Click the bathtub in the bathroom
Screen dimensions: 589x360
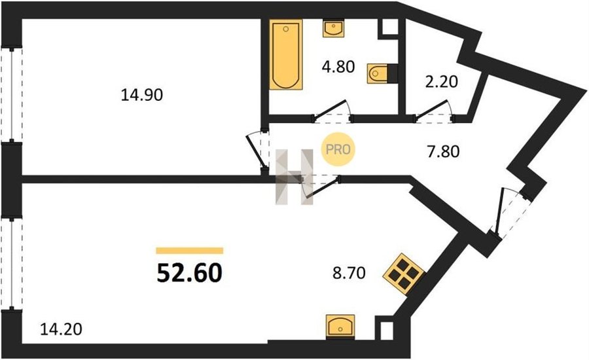click(x=286, y=54)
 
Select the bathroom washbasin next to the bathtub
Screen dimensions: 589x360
click(x=334, y=29)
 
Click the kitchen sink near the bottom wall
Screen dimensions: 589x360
click(x=340, y=326)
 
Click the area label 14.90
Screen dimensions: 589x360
click(x=141, y=95)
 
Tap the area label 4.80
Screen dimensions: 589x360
click(x=338, y=67)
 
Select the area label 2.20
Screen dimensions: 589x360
click(x=441, y=82)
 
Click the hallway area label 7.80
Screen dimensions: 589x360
click(x=443, y=152)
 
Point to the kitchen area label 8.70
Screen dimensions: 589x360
click(x=349, y=273)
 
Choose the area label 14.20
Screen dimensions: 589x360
click(x=61, y=329)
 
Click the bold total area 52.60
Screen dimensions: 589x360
click(x=189, y=273)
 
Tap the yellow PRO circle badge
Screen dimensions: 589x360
click(x=338, y=150)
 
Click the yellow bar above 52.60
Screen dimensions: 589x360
click(x=190, y=251)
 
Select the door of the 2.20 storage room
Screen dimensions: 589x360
click(x=433, y=112)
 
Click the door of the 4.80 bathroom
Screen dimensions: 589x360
click(x=332, y=112)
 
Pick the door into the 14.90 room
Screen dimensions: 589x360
click(x=258, y=150)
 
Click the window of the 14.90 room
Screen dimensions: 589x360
click(x=11, y=95)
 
